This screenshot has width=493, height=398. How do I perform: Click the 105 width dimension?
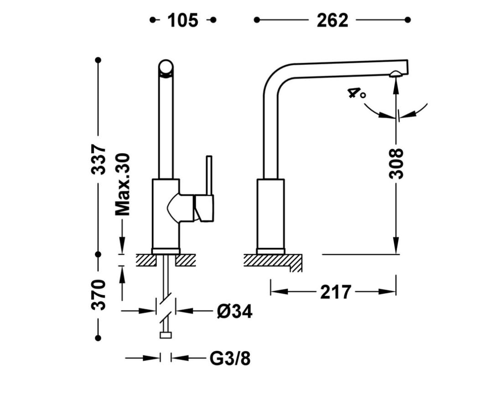click(183, 21)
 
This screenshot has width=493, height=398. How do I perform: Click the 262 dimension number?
click(332, 21)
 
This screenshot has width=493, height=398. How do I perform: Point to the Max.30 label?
click(122, 184)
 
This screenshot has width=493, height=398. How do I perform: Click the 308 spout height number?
click(396, 164)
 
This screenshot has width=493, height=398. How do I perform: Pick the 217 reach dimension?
click(335, 292)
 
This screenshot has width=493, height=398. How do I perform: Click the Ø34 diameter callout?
click(235, 312)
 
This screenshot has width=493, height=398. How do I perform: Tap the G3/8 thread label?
click(230, 358)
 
